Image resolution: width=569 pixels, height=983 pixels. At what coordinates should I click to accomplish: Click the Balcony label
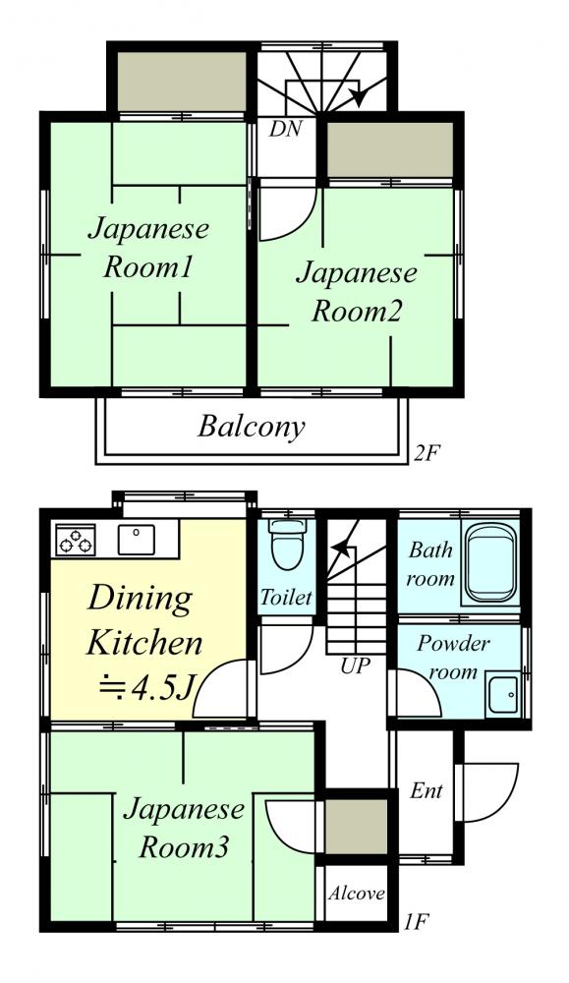[252, 428]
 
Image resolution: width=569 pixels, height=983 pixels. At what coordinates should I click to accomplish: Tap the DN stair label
[285, 129]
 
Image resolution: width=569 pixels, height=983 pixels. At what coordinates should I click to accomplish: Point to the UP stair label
[355, 665]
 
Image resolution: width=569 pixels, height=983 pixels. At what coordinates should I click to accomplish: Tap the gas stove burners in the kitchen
[76, 540]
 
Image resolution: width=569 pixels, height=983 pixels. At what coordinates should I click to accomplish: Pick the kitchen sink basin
[136, 540]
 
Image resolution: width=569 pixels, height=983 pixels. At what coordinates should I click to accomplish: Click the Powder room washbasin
[503, 694]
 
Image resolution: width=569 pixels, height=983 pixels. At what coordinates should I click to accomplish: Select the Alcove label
[356, 893]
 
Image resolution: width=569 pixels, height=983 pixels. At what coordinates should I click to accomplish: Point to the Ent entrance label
[427, 790]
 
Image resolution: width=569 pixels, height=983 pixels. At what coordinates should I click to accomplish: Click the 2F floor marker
[424, 452]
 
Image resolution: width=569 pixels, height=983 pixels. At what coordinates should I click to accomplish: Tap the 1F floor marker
[416, 922]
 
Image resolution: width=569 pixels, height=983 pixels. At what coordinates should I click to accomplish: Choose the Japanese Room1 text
[148, 248]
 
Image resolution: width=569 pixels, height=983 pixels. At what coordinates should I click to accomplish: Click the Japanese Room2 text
[357, 292]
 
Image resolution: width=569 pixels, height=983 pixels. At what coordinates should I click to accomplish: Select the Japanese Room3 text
[184, 828]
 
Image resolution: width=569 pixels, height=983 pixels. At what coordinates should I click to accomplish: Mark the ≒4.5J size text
[146, 689]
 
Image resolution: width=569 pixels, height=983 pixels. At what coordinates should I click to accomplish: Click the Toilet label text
[286, 597]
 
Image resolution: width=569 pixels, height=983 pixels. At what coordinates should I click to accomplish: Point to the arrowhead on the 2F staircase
[359, 96]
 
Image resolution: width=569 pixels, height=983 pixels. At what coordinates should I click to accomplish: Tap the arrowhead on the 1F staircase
[340, 549]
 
